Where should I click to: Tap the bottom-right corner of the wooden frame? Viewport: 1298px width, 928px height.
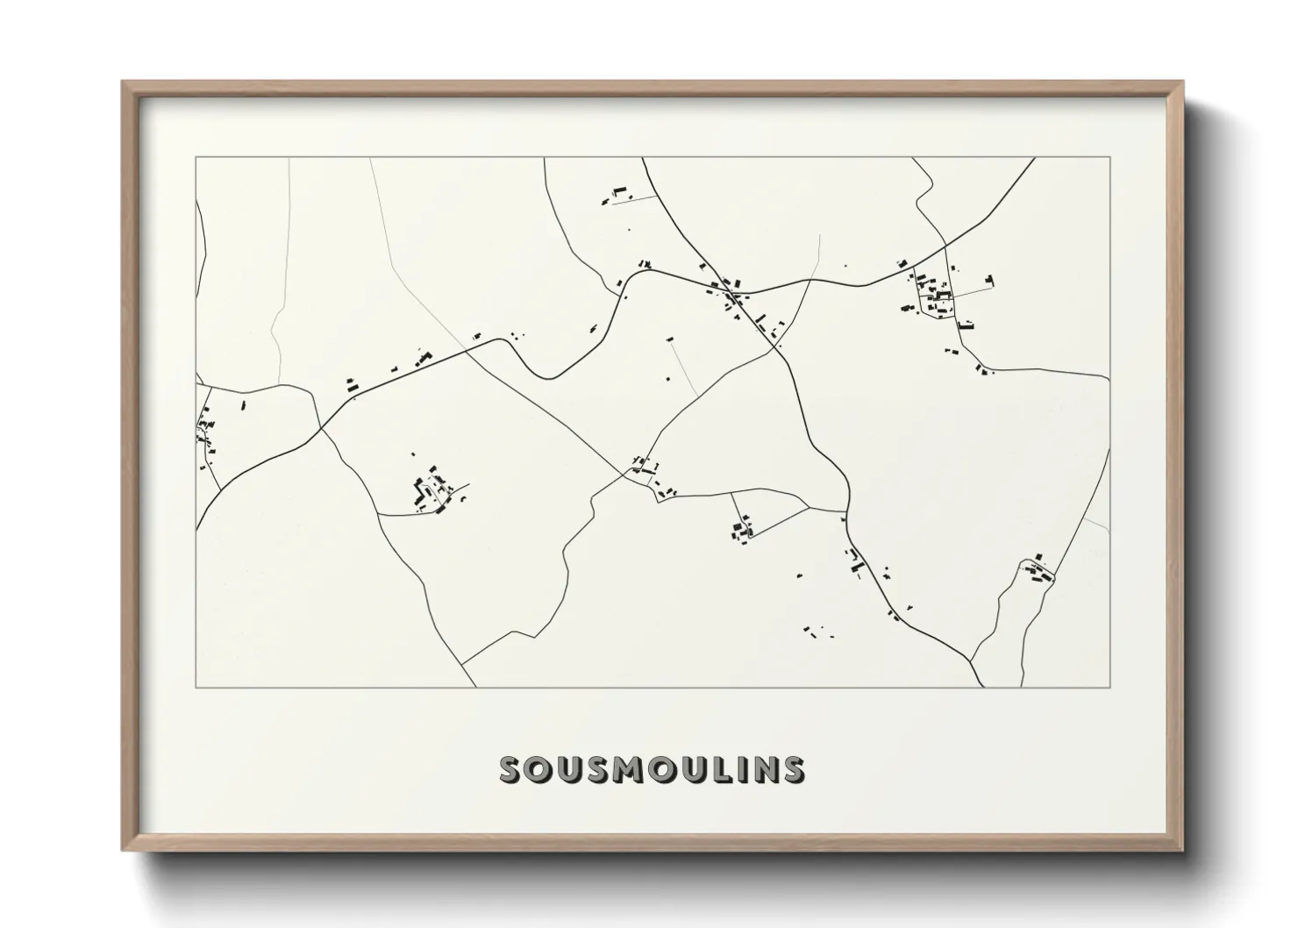pyautogui.click(x=1183, y=850)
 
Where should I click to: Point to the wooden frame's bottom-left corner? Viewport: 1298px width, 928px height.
pyautogui.click(x=123, y=850)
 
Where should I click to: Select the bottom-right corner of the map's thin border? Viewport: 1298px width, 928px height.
pyautogui.click(x=1110, y=687)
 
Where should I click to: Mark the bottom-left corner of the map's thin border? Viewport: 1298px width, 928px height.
pyautogui.click(x=196, y=687)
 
